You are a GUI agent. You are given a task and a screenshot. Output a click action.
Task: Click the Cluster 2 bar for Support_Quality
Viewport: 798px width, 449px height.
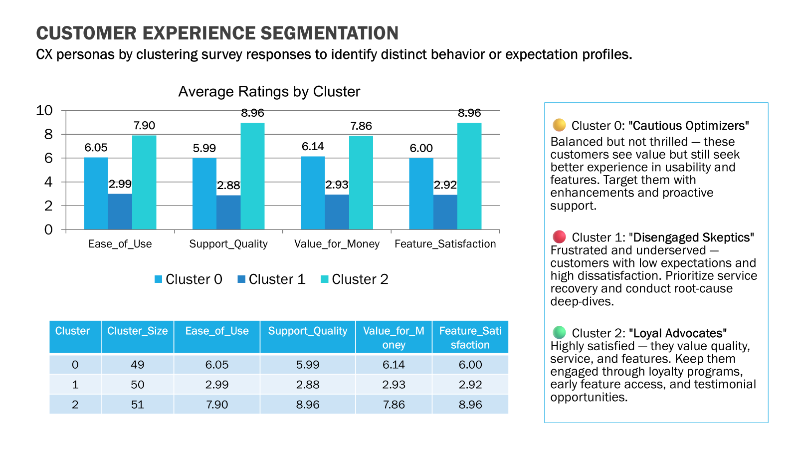(252, 176)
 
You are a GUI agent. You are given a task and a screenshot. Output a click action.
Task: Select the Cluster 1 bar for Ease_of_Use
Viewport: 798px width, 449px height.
(120, 212)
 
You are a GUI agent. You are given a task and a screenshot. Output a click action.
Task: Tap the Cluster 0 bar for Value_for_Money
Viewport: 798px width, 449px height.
(313, 193)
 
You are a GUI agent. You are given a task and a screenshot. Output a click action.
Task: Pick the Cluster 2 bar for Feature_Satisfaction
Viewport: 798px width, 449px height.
(469, 176)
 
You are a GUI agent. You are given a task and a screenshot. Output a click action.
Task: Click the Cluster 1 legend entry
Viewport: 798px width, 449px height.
(271, 279)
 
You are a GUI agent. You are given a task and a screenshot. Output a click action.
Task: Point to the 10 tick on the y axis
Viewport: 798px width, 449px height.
(44, 110)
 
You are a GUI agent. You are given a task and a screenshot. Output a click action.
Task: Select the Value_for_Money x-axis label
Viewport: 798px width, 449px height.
(337, 244)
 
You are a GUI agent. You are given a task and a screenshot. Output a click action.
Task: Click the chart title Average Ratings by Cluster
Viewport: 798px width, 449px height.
(269, 92)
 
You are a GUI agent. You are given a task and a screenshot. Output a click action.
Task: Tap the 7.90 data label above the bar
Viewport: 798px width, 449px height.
(144, 126)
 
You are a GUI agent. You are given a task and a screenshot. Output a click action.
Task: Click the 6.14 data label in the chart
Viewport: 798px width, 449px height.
(313, 147)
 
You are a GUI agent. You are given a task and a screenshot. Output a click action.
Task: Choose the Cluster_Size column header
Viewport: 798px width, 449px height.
(137, 331)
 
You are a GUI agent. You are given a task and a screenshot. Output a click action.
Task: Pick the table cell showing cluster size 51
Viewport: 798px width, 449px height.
(137, 405)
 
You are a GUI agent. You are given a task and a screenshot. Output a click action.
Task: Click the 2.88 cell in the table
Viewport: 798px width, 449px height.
(307, 385)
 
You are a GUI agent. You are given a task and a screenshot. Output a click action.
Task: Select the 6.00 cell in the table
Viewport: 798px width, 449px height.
(470, 365)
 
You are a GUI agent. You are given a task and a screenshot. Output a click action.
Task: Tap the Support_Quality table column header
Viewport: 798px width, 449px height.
(307, 331)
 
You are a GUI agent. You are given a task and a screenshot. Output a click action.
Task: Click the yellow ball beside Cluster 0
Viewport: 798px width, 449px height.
(559, 125)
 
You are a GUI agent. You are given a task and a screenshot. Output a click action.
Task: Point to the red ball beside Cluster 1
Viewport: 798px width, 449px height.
(559, 236)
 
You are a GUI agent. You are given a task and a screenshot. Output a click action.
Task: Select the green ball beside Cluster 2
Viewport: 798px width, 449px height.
(559, 332)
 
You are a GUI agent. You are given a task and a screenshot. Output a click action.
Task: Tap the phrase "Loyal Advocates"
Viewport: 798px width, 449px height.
(677, 333)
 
